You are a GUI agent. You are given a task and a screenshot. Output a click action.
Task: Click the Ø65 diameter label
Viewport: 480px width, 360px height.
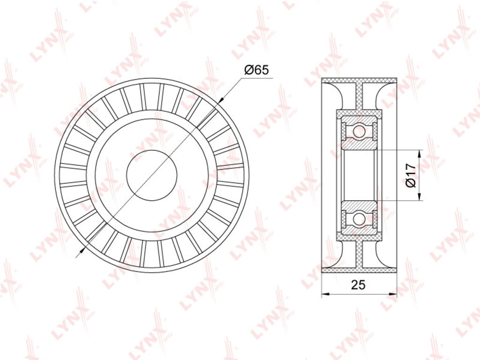coord(256,70)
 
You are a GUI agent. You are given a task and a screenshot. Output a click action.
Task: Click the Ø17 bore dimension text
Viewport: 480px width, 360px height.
coord(410,175)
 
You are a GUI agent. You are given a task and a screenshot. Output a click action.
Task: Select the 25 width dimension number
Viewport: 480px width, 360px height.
coord(359,285)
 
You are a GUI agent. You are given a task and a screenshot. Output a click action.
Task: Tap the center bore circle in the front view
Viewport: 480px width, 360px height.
coord(152,175)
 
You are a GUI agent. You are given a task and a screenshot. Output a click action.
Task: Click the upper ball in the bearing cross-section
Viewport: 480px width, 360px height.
coord(359,132)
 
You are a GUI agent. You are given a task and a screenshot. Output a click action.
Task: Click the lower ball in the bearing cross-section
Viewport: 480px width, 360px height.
coord(359,218)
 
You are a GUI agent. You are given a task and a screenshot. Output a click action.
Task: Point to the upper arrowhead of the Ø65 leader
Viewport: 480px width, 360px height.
coord(222,99)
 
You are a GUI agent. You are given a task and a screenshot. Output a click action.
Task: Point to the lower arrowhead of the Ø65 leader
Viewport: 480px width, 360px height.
coord(82,251)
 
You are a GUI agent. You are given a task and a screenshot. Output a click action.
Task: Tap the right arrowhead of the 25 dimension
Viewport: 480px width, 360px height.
coord(393,294)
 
